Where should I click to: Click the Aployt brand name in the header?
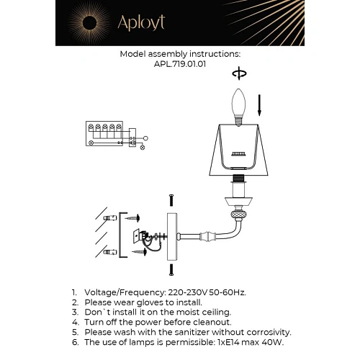(142, 23)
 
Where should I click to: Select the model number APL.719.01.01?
(180, 63)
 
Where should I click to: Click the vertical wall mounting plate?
(171, 237)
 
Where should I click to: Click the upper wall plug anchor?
(110, 217)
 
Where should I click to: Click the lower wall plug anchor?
(110, 251)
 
